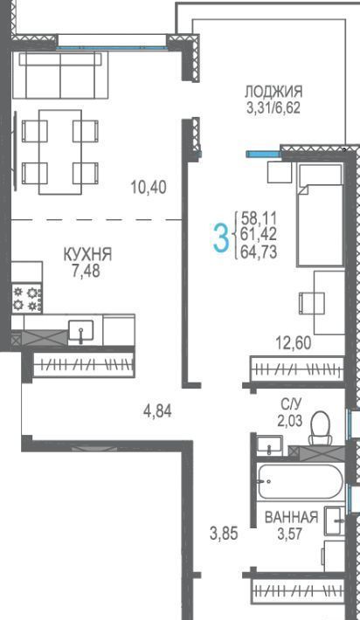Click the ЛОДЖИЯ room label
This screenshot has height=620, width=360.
click(273, 92)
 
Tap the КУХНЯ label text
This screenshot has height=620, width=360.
click(88, 254)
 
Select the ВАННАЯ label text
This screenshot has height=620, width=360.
click(291, 517)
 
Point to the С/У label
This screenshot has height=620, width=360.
click(291, 403)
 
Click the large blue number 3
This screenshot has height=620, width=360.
click(221, 238)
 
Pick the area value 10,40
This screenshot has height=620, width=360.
click(149, 187)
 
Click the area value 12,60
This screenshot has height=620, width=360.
click(294, 342)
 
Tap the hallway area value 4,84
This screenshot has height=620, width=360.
click(157, 411)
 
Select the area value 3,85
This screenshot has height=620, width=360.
click(224, 534)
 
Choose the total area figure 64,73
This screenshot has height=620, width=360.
click(259, 251)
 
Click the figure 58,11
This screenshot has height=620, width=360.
click(259, 217)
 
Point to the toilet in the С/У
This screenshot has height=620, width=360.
click(321, 428)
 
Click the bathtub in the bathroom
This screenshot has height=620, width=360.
click(301, 481)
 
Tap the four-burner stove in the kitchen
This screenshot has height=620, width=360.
click(27, 299)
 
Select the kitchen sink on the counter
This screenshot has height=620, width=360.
click(81, 331)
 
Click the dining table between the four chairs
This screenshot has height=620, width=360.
click(60, 152)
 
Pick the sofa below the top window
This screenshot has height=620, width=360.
click(60, 75)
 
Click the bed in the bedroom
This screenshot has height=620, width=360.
click(320, 215)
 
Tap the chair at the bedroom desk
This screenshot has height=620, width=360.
click(312, 303)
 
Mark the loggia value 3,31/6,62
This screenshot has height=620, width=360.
click(273, 107)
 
